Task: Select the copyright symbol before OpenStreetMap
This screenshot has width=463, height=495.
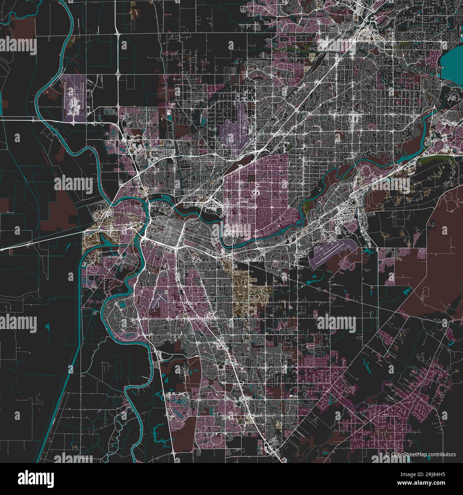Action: pyautogui.click(x=388, y=454)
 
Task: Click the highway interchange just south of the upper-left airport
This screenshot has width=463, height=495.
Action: pyautogui.click(x=73, y=121)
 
